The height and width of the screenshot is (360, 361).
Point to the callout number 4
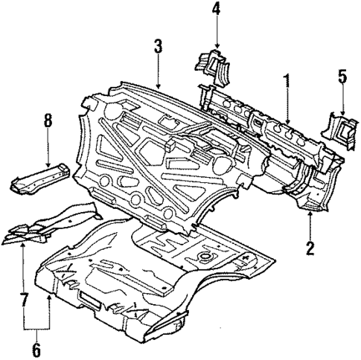click(215, 10)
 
